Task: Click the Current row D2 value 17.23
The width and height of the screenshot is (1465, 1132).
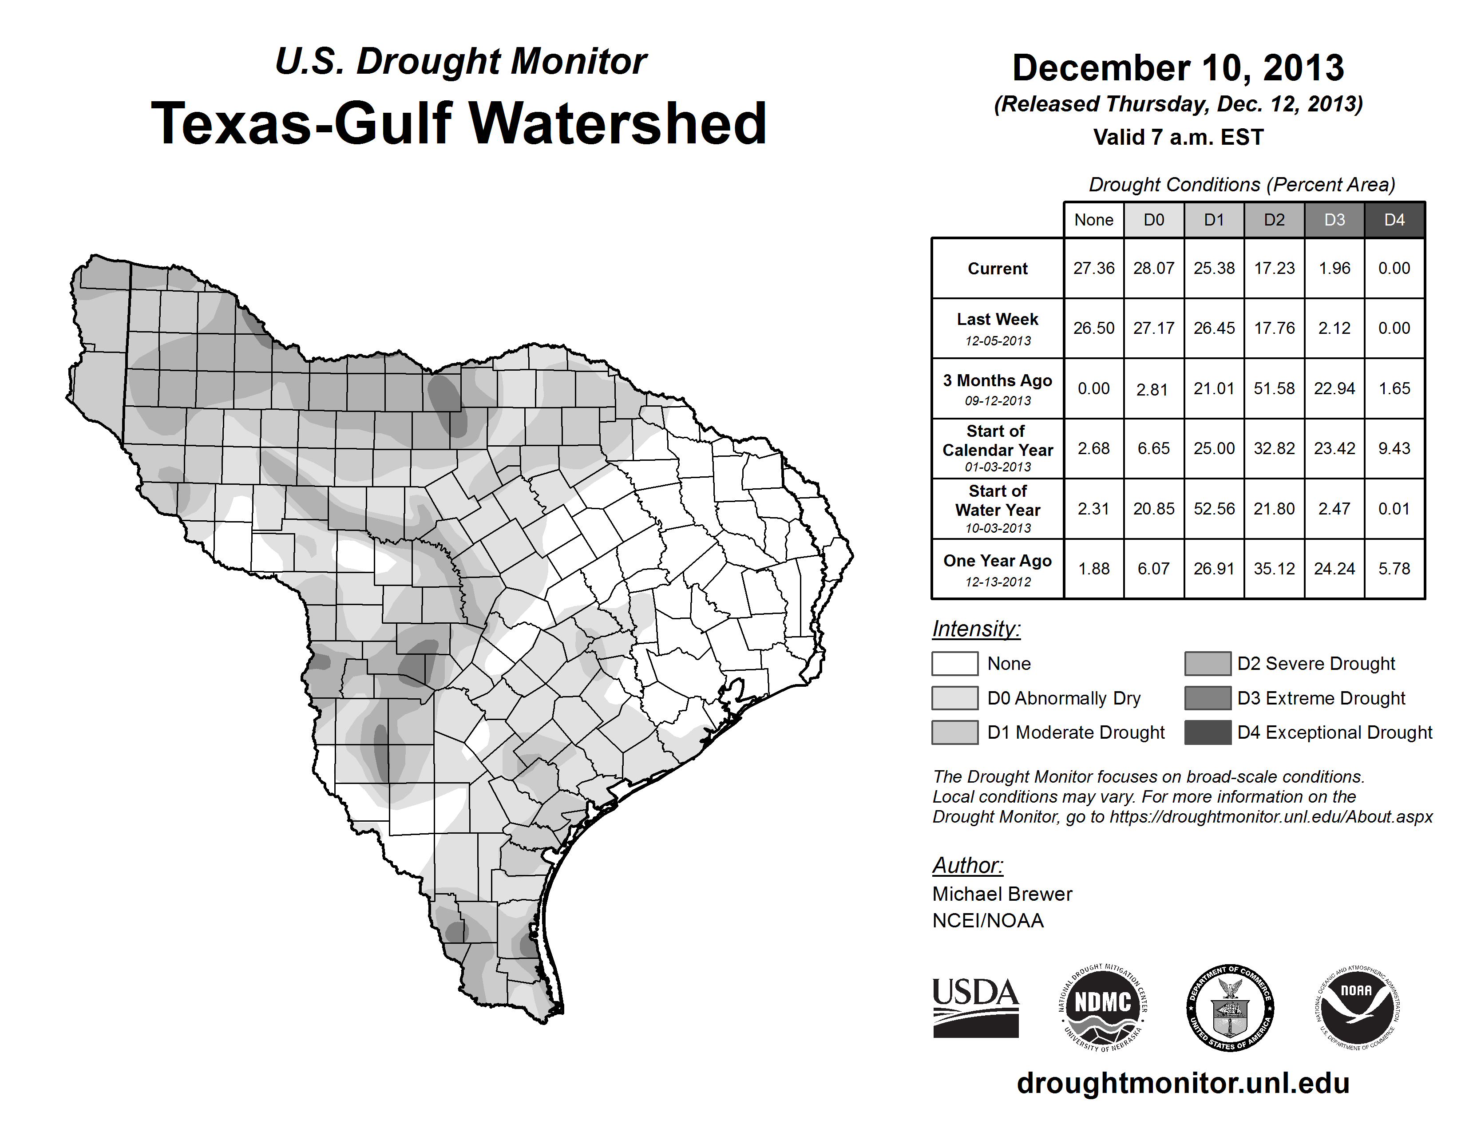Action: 1274,268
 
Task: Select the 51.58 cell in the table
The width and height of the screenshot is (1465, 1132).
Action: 1274,388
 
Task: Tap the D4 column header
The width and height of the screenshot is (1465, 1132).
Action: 1394,220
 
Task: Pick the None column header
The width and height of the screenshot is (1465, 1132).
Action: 1093,220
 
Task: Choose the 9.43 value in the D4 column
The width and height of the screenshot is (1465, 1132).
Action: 1394,448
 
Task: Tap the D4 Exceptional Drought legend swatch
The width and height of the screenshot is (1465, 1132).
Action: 1208,732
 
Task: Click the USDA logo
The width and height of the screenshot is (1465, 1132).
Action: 975,1007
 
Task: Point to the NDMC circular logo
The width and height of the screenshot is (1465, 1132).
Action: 1103,1007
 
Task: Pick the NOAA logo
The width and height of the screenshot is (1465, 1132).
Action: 1356,1007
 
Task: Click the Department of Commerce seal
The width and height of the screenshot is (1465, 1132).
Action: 1230,1007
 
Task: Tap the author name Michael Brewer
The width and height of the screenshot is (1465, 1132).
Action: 1002,894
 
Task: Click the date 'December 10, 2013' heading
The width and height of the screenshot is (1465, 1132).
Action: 1178,68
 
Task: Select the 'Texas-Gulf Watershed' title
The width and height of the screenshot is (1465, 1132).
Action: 459,123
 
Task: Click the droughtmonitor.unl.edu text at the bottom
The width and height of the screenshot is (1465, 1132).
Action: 1183,1083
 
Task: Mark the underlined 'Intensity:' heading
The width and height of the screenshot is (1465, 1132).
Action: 976,629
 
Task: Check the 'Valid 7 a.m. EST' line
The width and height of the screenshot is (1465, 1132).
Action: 1178,138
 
